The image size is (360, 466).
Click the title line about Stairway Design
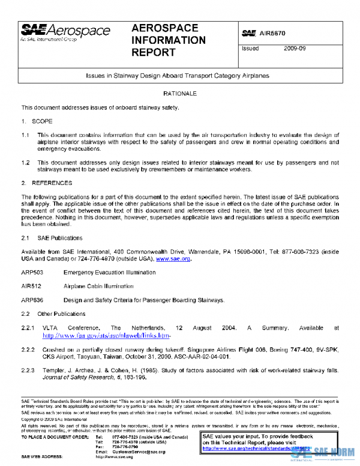click(x=179, y=76)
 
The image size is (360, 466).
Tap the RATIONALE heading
click(x=179, y=94)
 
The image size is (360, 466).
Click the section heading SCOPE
click(x=42, y=121)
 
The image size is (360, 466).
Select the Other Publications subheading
click(x=61, y=313)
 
